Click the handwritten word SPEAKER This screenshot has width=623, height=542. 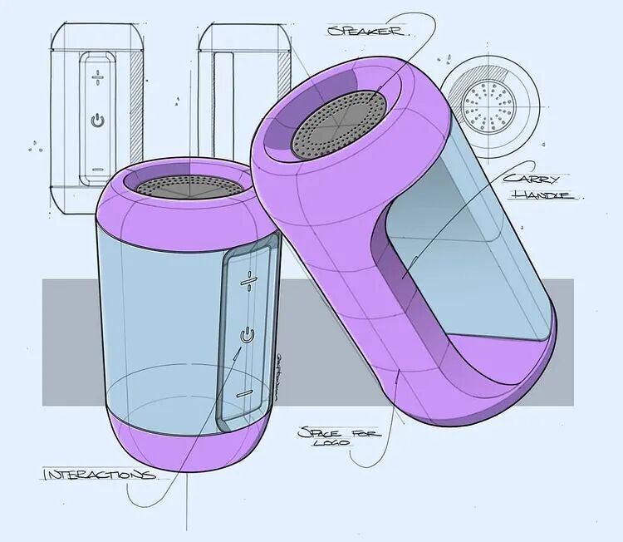(366, 32)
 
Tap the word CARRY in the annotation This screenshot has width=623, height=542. (538, 179)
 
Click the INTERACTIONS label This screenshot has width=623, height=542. (98, 475)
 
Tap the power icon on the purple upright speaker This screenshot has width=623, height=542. (245, 335)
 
